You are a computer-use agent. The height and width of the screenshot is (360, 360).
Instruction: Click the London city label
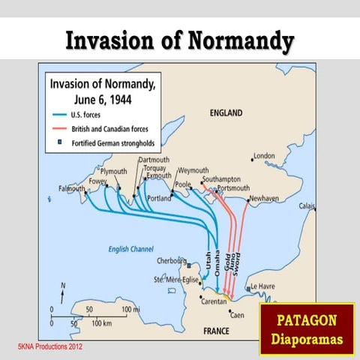click(265, 156)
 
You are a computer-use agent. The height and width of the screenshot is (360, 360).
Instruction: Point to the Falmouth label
click(71, 188)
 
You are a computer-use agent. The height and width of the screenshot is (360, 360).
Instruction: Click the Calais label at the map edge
click(307, 205)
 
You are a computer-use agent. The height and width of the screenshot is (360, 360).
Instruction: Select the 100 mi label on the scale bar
click(131, 309)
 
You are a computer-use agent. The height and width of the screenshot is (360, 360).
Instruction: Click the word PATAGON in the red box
click(307, 321)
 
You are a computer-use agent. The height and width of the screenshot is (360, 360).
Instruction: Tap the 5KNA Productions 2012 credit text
click(50, 347)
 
